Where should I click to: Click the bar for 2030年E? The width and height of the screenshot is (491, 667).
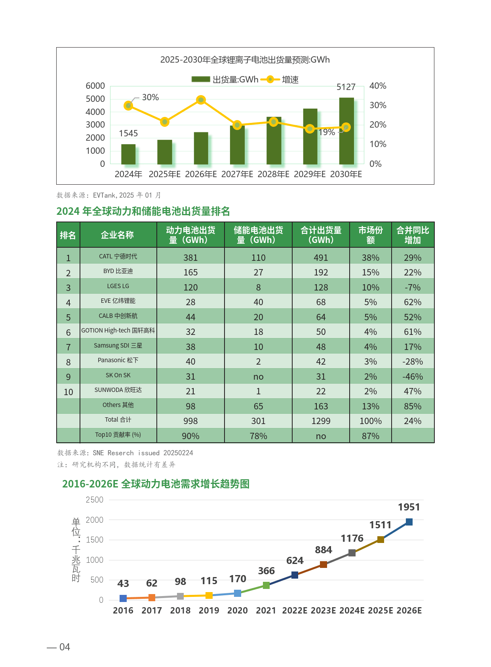pyautogui.click(x=346, y=131)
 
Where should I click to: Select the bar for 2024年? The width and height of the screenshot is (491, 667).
pyautogui.click(x=128, y=154)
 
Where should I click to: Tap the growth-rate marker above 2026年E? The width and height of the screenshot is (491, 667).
pyautogui.click(x=201, y=100)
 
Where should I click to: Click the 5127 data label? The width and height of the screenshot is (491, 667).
pyautogui.click(x=346, y=87)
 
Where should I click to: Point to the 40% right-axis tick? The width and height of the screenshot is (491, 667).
pyautogui.click(x=378, y=86)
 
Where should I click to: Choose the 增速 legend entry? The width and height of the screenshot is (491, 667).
pyautogui.click(x=284, y=80)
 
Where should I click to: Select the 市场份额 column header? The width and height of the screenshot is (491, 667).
pyautogui.click(x=370, y=235)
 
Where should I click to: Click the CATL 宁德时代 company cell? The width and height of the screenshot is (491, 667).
pyautogui.click(x=118, y=256)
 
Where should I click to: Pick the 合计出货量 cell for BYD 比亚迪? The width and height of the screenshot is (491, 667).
pyautogui.click(x=321, y=272)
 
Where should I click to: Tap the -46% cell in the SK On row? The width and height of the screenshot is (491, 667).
pyautogui.click(x=413, y=377)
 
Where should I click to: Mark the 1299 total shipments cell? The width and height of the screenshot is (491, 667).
pyautogui.click(x=321, y=421)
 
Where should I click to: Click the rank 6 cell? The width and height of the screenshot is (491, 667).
pyautogui.click(x=68, y=332)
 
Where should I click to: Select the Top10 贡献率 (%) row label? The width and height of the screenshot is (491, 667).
pyautogui.click(x=118, y=435)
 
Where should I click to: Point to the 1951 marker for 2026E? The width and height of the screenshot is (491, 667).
pyautogui.click(x=409, y=522)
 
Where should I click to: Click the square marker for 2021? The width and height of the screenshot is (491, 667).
pyautogui.click(x=266, y=585)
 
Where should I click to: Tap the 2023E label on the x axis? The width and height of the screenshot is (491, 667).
pyautogui.click(x=324, y=611)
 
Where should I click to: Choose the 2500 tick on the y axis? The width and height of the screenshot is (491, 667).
pyautogui.click(x=95, y=500)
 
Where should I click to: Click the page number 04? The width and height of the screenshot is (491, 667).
pyautogui.click(x=64, y=647)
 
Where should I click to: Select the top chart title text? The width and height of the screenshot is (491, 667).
pyautogui.click(x=245, y=60)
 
